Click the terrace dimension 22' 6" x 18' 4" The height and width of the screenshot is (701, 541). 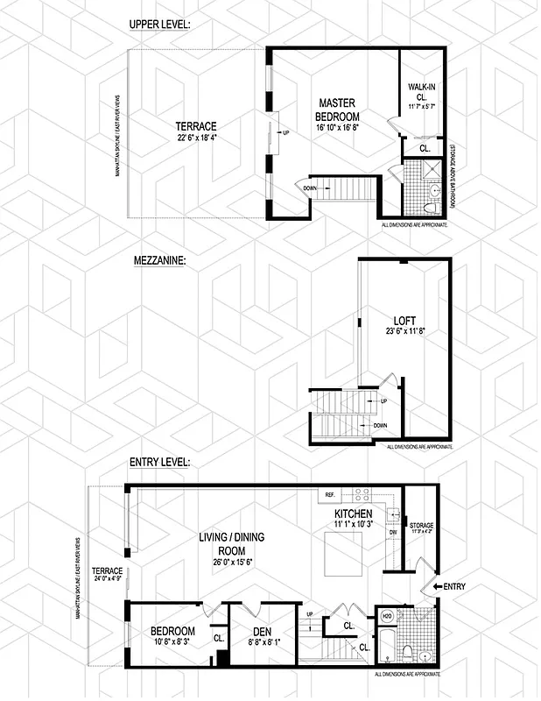[x=195, y=138]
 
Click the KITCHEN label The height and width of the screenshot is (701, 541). [x=354, y=513]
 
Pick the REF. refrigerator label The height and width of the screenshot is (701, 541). [x=330, y=494]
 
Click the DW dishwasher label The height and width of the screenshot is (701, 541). [x=393, y=531]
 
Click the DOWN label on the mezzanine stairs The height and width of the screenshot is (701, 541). [x=380, y=425]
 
